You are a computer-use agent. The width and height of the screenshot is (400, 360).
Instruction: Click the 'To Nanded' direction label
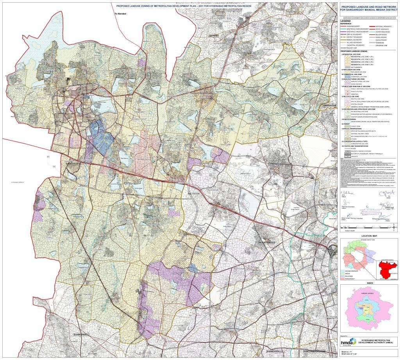(121, 14)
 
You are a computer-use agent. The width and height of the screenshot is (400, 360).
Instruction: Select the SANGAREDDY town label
(73, 164)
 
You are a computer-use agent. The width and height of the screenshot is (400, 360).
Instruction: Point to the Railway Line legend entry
(354, 48)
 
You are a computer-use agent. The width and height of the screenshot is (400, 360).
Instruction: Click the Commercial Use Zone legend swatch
(345, 77)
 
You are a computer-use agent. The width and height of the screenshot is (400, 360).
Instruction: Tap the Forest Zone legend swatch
(345, 126)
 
